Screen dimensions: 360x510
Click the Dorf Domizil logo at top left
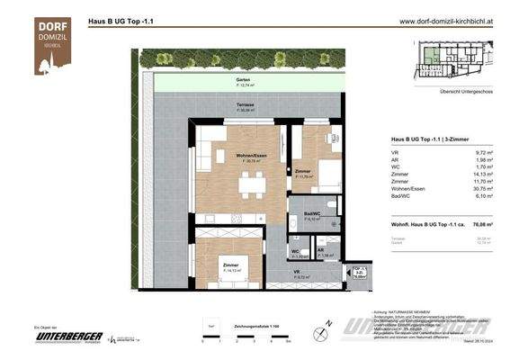point(53,45)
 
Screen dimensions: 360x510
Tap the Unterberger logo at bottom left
point(68,337)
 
